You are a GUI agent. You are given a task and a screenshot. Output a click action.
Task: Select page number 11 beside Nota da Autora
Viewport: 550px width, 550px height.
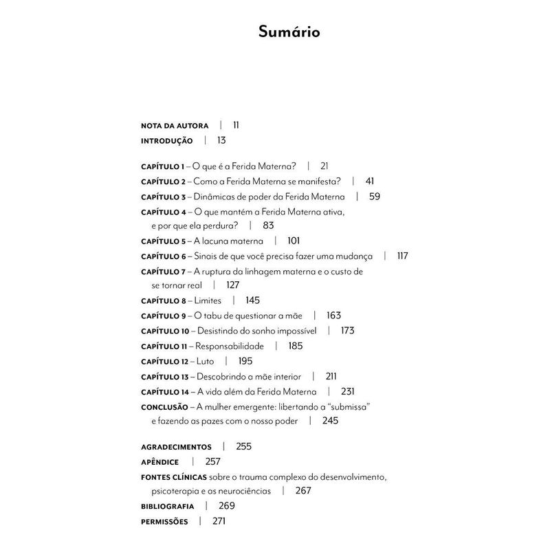pyautogui.click(x=236, y=125)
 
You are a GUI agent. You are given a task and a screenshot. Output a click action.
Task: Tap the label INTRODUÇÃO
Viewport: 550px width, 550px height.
pyautogui.click(x=166, y=140)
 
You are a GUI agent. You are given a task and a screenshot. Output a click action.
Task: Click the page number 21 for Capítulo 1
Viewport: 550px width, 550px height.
pyautogui.click(x=325, y=166)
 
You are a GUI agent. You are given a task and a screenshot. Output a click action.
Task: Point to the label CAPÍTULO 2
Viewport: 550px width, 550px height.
pyautogui.click(x=163, y=181)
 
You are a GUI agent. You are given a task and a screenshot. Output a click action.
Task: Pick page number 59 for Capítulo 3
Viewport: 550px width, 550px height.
pyautogui.click(x=375, y=197)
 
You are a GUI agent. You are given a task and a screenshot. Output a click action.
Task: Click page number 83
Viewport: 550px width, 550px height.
pyautogui.click(x=268, y=225)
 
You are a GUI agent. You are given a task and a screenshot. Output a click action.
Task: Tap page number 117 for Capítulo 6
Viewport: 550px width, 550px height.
pyautogui.click(x=402, y=256)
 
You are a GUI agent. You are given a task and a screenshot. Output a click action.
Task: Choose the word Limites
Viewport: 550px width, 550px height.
pyautogui.click(x=208, y=300)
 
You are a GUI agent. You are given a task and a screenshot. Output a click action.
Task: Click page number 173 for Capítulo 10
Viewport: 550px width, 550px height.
pyautogui.click(x=347, y=331)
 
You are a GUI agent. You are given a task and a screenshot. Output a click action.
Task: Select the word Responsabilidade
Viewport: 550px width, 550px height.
pyautogui.click(x=230, y=346)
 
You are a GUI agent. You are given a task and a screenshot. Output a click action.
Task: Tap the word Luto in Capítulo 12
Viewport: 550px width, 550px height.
pyautogui.click(x=205, y=361)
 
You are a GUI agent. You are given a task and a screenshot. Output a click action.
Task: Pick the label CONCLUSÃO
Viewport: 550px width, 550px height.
pyautogui.click(x=164, y=407)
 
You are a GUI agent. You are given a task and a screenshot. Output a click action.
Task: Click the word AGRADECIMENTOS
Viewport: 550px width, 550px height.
pyautogui.click(x=176, y=447)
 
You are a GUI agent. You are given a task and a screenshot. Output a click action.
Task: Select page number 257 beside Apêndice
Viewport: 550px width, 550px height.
pyautogui.click(x=212, y=461)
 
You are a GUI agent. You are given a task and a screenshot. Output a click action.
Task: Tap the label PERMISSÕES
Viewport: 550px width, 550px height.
pyautogui.click(x=164, y=522)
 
